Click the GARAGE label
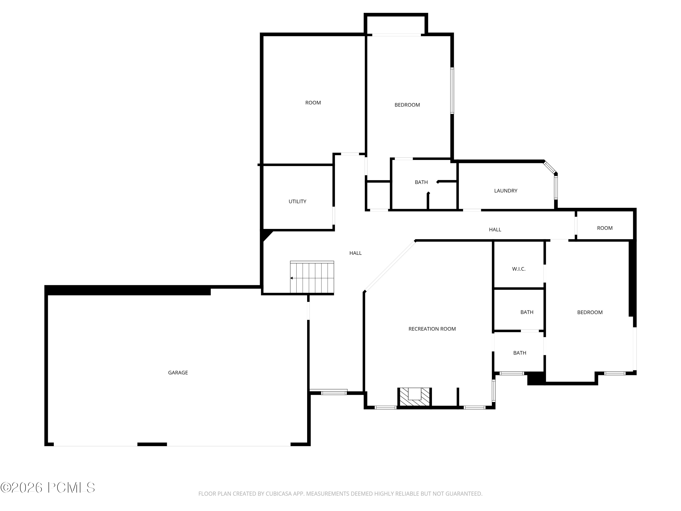click(178, 373)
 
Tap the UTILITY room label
click(297, 201)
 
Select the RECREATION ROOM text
click(432, 329)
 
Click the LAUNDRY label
click(506, 191)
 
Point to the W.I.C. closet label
click(518, 269)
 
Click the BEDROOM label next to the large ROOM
click(407, 105)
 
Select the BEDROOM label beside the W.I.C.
click(590, 312)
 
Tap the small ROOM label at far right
click(605, 228)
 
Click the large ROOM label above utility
click(313, 103)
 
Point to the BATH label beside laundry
click(421, 182)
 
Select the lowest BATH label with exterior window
click(519, 353)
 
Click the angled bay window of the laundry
click(549, 167)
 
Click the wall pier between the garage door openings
click(152, 444)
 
